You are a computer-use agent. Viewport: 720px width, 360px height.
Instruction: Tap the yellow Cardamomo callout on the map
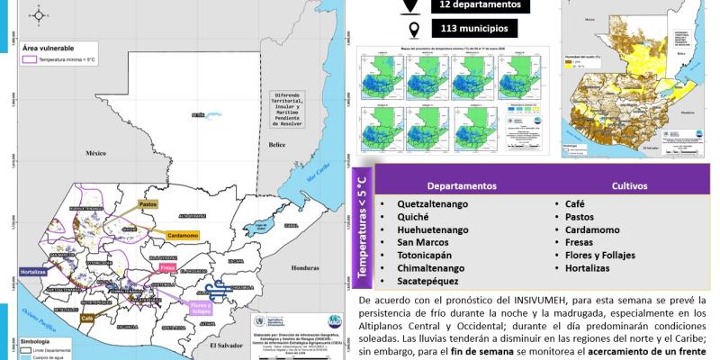pos(181,237)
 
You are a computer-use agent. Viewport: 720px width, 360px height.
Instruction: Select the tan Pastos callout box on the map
pos(148,205)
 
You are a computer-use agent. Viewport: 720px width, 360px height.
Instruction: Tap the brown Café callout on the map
pos(88,319)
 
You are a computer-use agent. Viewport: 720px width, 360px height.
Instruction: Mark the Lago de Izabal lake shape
pos(266,226)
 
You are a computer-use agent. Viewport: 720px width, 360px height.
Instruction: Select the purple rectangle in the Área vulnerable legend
pos(31,57)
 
